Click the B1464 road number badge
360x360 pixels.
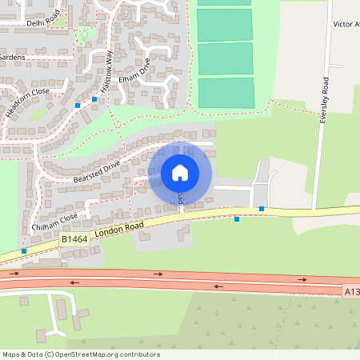(x=74, y=238)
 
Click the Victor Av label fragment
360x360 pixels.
(x=346, y=25)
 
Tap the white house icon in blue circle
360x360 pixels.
(x=180, y=173)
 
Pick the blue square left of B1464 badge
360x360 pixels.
(x=24, y=251)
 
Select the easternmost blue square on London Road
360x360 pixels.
(x=262, y=209)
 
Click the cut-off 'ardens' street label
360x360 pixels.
(x=13, y=58)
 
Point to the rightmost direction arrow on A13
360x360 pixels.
(x=302, y=279)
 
